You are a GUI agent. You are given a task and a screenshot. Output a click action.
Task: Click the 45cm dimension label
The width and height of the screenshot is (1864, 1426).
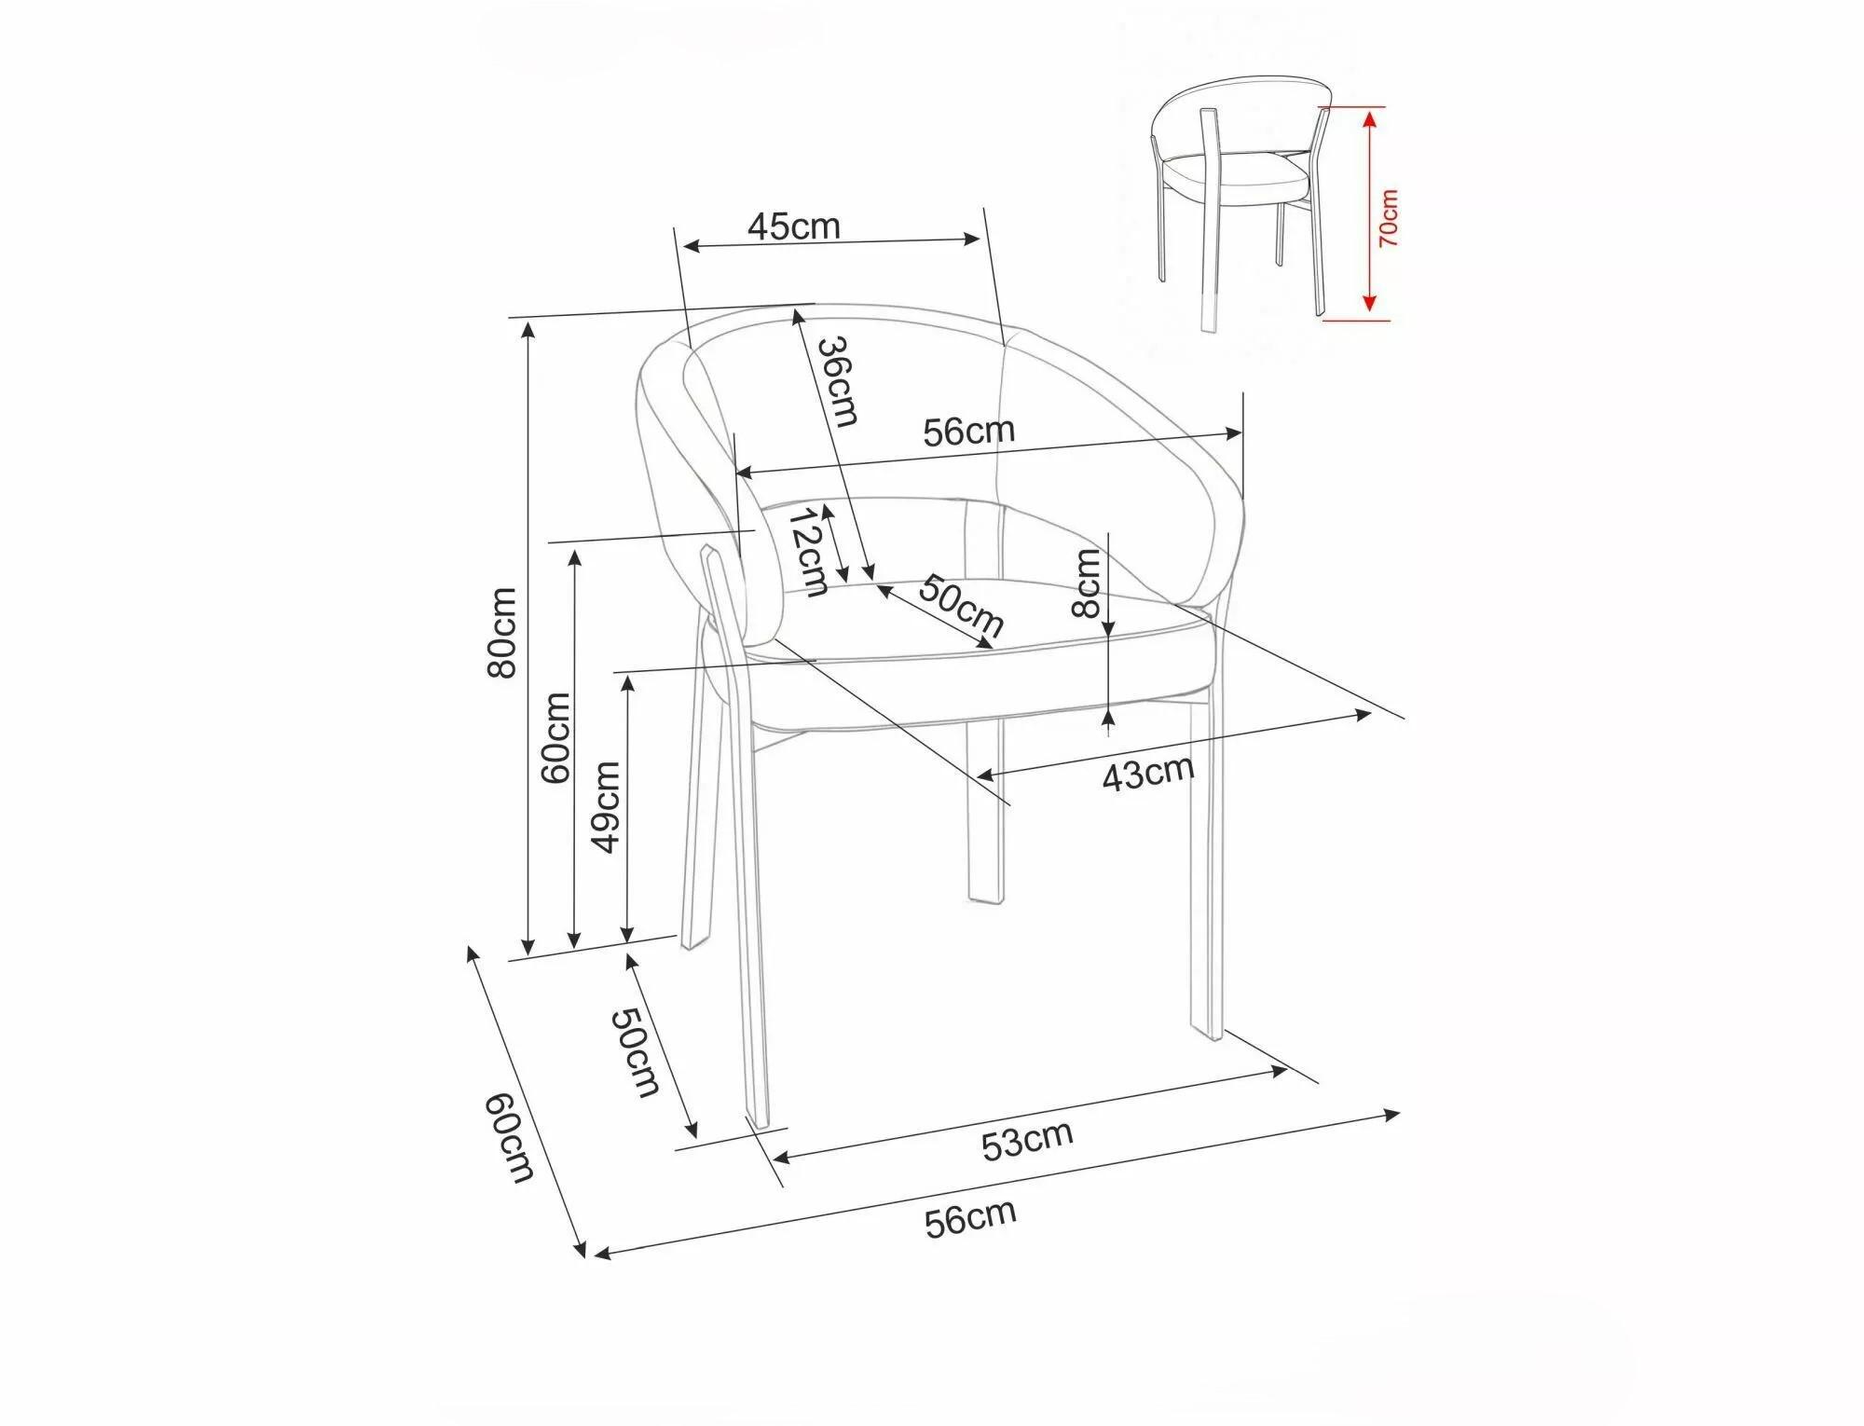point(793,226)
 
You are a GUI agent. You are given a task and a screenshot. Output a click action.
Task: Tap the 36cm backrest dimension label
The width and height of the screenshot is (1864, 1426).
point(837,381)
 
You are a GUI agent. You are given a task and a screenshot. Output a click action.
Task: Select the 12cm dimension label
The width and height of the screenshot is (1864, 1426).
point(805,552)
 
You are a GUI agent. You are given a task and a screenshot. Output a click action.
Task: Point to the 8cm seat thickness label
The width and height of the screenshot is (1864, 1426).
point(1087,583)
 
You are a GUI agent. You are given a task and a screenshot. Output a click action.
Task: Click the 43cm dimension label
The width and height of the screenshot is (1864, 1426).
point(1147,773)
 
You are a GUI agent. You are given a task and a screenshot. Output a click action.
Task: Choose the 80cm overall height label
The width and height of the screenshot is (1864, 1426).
point(502,633)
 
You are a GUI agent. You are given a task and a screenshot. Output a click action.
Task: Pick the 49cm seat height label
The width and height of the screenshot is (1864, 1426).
point(606,806)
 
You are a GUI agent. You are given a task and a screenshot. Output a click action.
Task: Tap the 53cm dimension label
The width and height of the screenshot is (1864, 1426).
point(1027,1141)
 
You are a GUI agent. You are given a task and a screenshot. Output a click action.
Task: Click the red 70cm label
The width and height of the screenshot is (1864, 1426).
point(1389,217)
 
